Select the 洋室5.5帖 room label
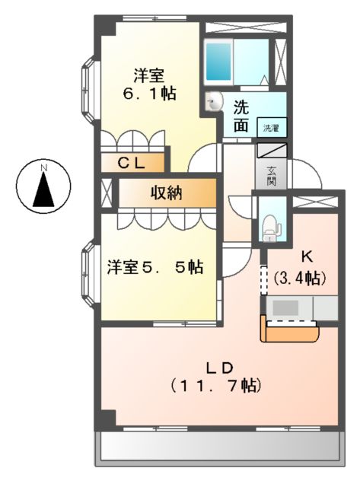pos(155,268)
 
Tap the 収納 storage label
pos(164,193)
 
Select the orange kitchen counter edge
pos(289,333)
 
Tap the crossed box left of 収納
pos(106,193)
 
